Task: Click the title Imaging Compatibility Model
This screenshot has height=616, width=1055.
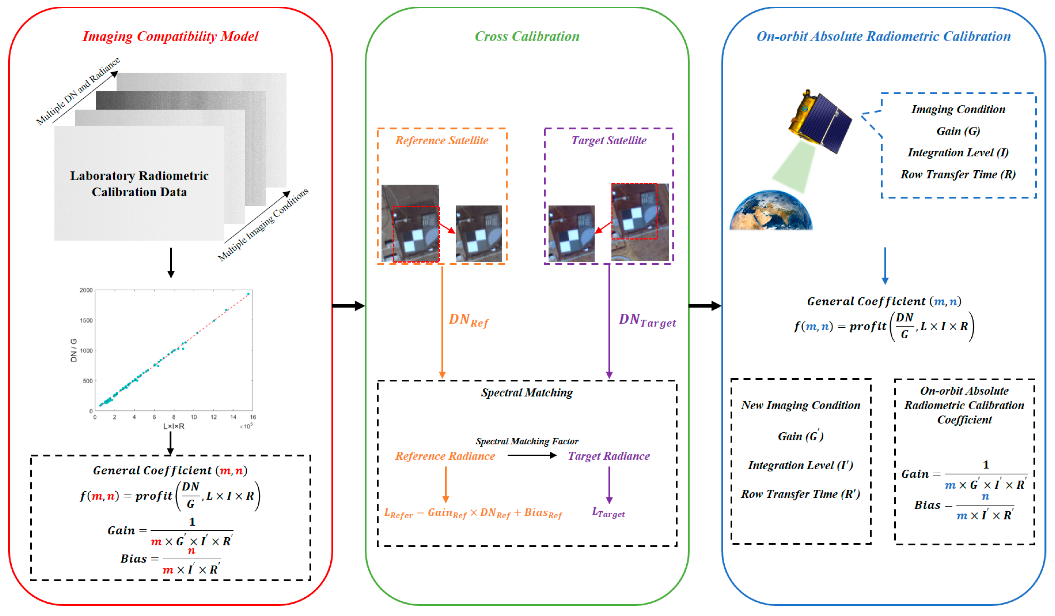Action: coord(170,36)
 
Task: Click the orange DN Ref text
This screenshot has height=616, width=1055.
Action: coord(468,321)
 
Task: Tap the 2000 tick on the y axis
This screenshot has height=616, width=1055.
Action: coord(86,290)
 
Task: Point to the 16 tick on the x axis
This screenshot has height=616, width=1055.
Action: coord(253,417)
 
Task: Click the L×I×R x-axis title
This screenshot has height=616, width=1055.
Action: coord(174,426)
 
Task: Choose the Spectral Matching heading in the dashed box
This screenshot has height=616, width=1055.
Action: coord(527,393)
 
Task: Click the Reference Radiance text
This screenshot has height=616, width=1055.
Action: coord(445,456)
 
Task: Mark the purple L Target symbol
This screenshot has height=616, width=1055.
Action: coord(608,513)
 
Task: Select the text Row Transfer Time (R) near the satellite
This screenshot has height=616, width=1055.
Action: coord(958,175)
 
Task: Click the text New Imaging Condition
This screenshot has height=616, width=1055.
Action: coord(800,405)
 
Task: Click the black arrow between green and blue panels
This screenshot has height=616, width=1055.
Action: coord(705,306)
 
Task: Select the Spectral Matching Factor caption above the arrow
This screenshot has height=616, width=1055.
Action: coord(527,441)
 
